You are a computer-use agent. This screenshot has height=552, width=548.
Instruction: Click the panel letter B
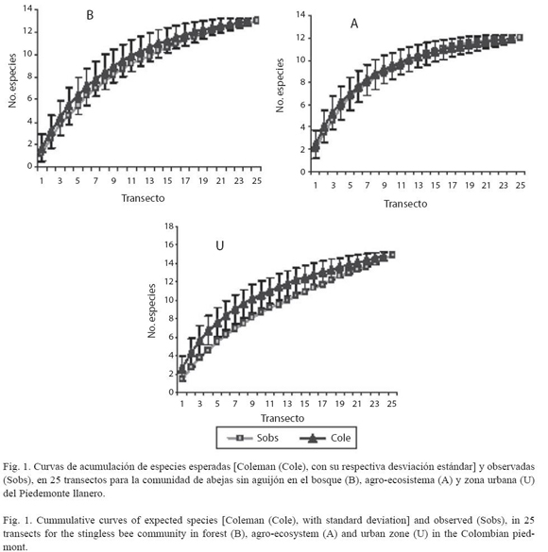[90, 15]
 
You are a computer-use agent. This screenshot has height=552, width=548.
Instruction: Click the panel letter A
[354, 24]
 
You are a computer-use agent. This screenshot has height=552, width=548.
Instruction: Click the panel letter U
[219, 245]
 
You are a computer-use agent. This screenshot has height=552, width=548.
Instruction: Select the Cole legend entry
[325, 438]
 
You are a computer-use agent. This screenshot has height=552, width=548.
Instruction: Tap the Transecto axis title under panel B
[143, 198]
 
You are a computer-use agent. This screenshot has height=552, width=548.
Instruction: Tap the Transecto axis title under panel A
[405, 204]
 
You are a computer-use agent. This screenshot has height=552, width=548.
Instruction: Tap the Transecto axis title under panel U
[283, 418]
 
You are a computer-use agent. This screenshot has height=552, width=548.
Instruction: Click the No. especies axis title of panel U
[151, 311]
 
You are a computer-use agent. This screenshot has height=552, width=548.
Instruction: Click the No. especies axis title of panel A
[280, 86]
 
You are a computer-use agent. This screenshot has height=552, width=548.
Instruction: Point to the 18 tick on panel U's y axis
[169, 226]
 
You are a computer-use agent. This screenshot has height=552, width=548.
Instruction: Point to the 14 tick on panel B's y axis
[27, 8]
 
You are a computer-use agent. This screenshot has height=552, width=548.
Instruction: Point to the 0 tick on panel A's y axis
[302, 172]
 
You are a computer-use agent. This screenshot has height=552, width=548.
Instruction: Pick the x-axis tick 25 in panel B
[257, 180]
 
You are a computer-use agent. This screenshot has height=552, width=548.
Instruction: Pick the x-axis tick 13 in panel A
[419, 185]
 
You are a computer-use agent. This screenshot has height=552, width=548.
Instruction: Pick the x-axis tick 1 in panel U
[182, 404]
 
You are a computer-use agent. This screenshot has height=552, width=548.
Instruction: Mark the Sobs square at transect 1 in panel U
[182, 378]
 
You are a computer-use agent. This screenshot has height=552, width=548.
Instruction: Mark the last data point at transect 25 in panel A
[520, 38]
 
